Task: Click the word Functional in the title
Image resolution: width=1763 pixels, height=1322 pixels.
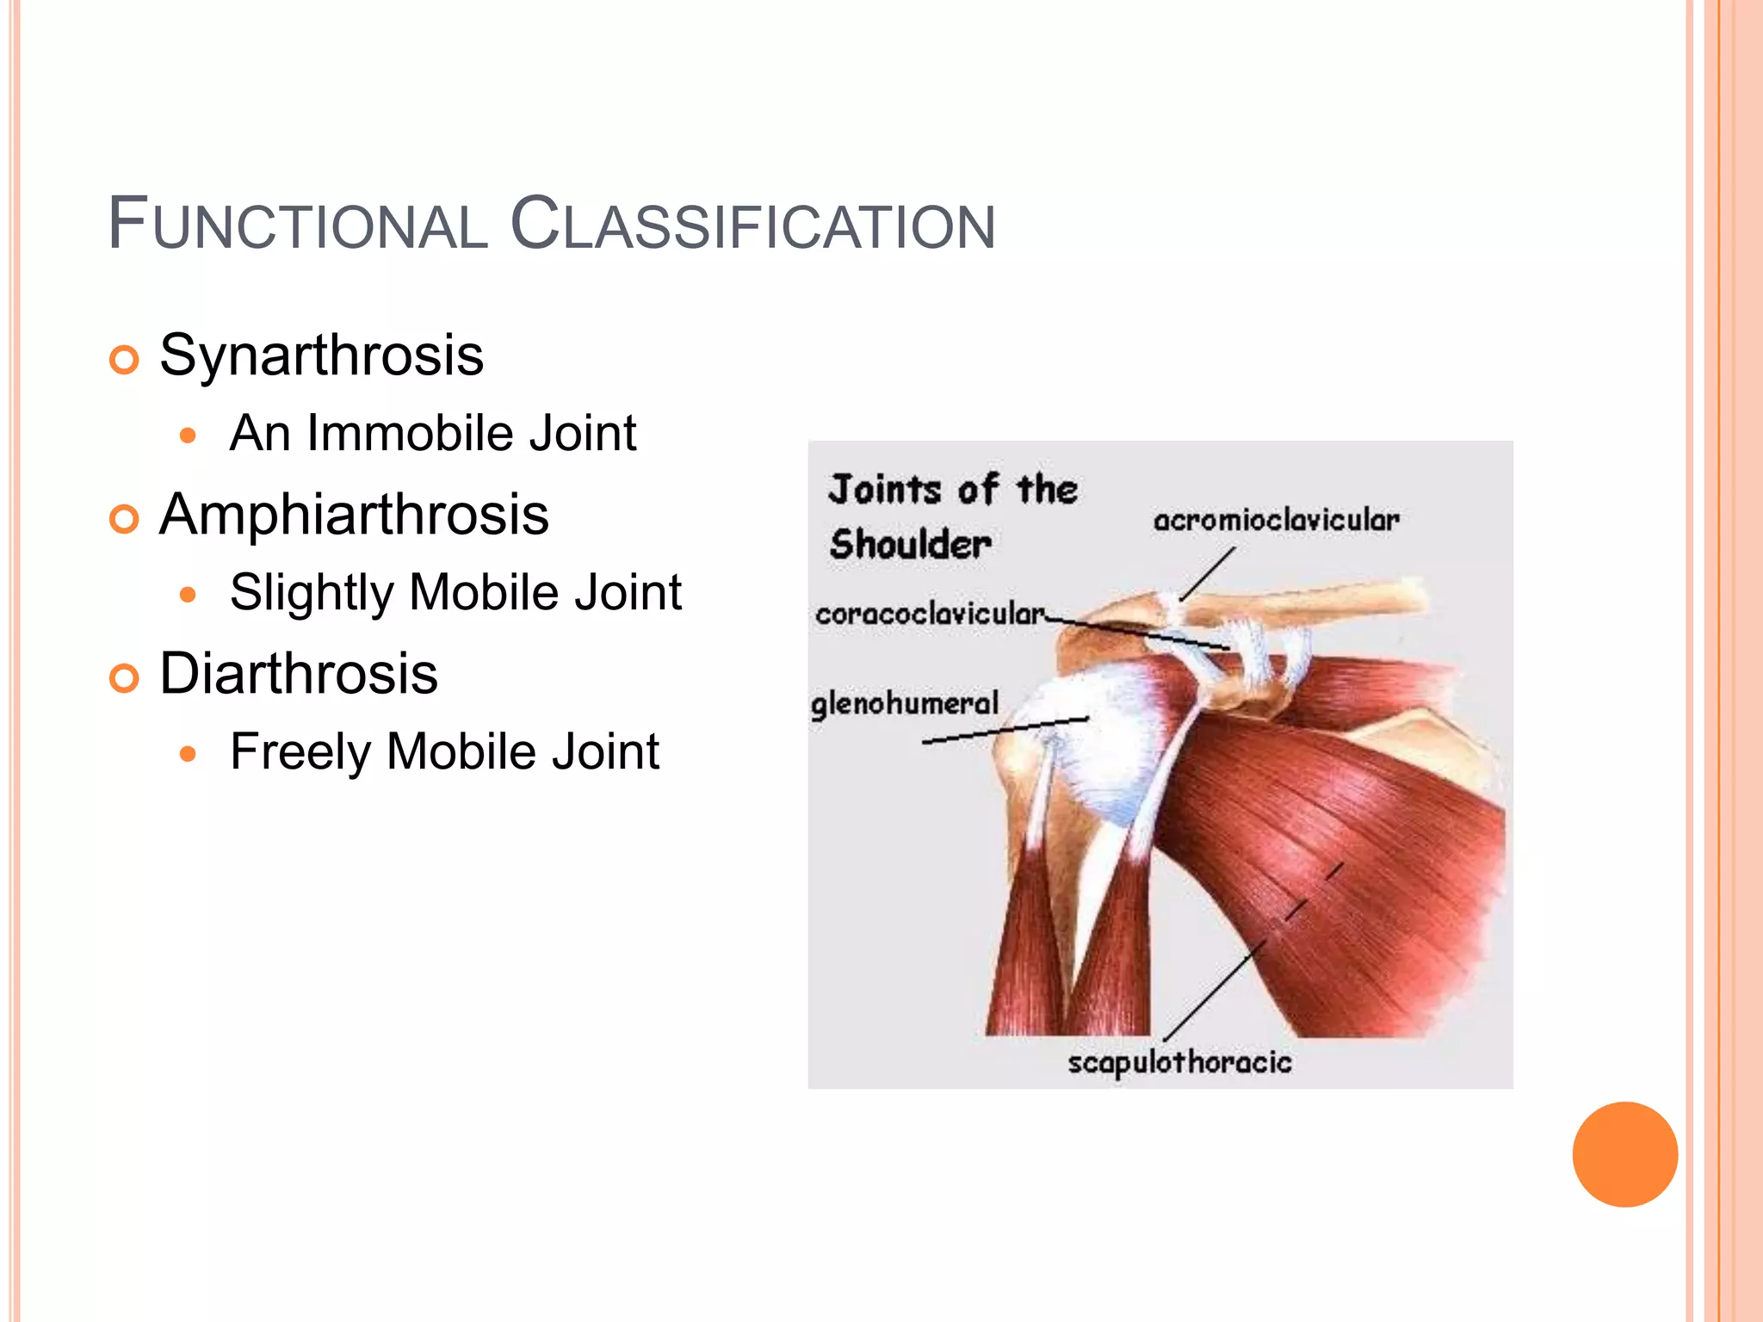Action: pyautogui.click(x=298, y=225)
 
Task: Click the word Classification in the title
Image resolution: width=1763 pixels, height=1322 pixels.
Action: pyautogui.click(x=752, y=225)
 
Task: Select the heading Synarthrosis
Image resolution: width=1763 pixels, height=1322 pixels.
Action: pyautogui.click(x=321, y=355)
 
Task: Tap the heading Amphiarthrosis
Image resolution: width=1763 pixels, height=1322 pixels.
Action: pyautogui.click(x=354, y=515)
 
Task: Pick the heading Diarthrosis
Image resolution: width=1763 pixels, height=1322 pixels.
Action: pyautogui.click(x=299, y=673)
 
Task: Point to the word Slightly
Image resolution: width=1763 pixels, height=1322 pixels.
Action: pyautogui.click(x=312, y=593)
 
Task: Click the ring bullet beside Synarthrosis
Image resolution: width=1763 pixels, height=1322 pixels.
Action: pyautogui.click(x=125, y=360)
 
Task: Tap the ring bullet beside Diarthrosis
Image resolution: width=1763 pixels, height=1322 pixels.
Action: pyautogui.click(x=125, y=678)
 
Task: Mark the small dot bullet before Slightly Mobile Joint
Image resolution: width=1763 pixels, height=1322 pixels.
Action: pyautogui.click(x=189, y=595)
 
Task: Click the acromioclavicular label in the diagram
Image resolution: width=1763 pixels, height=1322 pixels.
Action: pyautogui.click(x=1276, y=520)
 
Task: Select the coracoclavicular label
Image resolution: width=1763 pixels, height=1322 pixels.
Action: pyautogui.click(x=930, y=614)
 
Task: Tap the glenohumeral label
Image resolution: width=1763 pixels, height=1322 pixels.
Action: pyautogui.click(x=905, y=704)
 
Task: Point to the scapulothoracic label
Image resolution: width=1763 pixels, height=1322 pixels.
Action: pyautogui.click(x=1179, y=1063)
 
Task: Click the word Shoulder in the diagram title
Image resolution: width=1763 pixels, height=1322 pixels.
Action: pyautogui.click(x=911, y=545)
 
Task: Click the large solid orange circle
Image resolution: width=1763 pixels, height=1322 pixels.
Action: pyautogui.click(x=1624, y=1154)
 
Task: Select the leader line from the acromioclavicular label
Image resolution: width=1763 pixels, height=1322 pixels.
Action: pyautogui.click(x=1207, y=575)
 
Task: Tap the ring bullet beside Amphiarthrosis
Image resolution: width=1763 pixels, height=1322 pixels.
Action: pyautogui.click(x=125, y=519)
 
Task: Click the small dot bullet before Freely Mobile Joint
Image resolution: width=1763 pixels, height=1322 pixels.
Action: pyautogui.click(x=189, y=755)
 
